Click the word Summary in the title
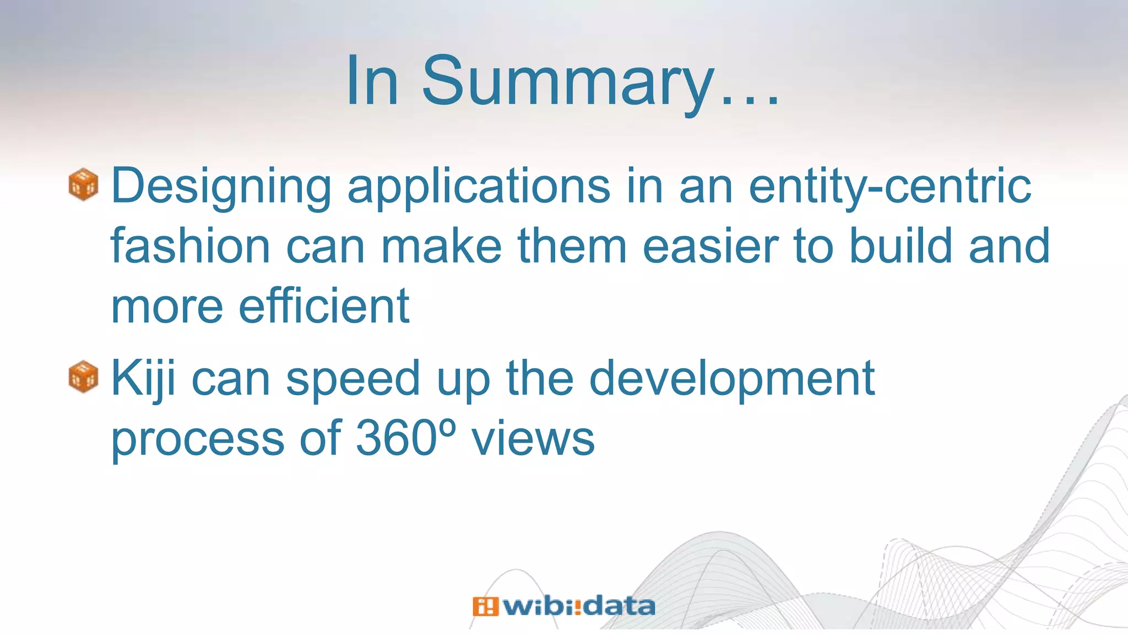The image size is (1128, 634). [x=567, y=83]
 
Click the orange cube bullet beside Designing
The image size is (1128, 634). [x=83, y=184]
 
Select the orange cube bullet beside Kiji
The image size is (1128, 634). [x=83, y=377]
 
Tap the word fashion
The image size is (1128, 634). [x=191, y=246]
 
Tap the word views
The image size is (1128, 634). [x=533, y=439]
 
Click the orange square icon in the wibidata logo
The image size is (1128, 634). [x=485, y=606]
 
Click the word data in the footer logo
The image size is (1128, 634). [x=619, y=606]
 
